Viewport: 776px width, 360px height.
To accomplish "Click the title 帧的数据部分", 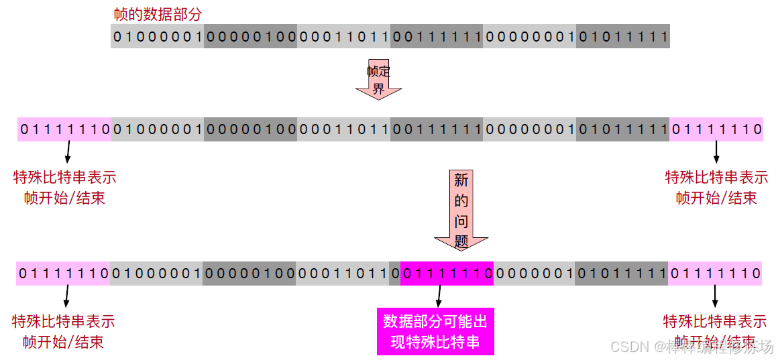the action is [159, 14].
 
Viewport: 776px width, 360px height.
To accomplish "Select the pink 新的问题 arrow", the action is [461, 210].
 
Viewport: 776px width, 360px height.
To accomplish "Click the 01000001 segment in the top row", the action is [158, 36].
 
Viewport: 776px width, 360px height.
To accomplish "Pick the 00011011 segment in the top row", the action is [343, 36].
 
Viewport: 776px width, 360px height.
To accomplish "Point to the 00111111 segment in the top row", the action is [437, 36].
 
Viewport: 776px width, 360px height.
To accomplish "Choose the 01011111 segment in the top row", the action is [622, 36].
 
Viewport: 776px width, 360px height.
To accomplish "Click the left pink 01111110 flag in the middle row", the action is [64, 129].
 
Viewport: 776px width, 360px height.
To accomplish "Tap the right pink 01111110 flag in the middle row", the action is [716, 129].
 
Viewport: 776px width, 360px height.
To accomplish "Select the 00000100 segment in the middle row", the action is [250, 129].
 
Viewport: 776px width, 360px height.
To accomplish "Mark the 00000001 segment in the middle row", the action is [529, 129].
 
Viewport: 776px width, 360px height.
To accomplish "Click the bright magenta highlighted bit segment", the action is [447, 274].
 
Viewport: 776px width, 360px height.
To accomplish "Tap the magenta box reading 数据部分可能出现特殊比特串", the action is [435, 332].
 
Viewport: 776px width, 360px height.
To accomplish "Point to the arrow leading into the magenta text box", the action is [439, 296].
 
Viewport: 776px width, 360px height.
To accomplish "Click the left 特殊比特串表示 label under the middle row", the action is [65, 178].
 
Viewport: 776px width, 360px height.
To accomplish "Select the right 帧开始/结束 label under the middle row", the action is [716, 198].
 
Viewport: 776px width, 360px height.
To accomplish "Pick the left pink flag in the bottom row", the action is [64, 274].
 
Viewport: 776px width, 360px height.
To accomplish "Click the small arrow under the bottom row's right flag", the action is [715, 296].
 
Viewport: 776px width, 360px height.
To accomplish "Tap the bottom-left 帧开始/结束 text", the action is [64, 342].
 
